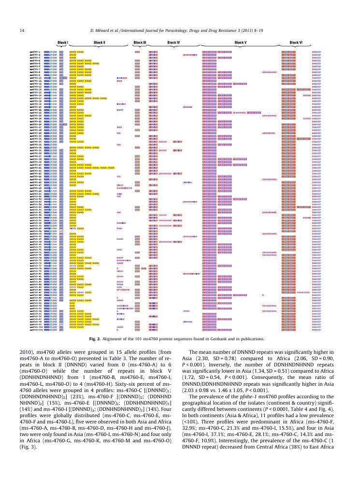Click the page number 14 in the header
tap(22, 31)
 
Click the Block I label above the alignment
tap(62, 43)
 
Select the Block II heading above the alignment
tap(99, 43)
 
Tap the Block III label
tap(139, 43)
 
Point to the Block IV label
tap(173, 43)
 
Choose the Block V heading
tap(240, 43)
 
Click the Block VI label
tap(296, 43)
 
